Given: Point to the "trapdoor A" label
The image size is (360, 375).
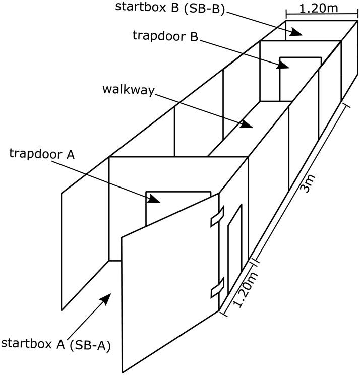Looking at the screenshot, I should point(42,153).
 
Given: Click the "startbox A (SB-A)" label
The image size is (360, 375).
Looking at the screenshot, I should point(56,345).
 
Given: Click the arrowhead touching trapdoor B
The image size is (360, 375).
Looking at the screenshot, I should point(282,65).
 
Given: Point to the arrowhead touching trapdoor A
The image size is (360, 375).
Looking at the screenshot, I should point(155,199).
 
